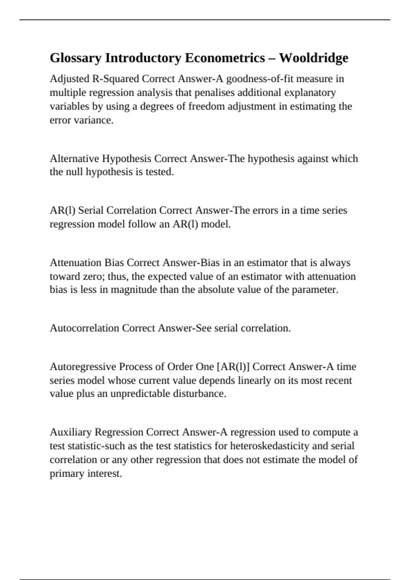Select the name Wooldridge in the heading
[x=314, y=58]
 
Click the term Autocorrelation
[x=84, y=328]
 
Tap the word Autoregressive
[x=83, y=367]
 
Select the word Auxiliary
[x=71, y=432]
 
